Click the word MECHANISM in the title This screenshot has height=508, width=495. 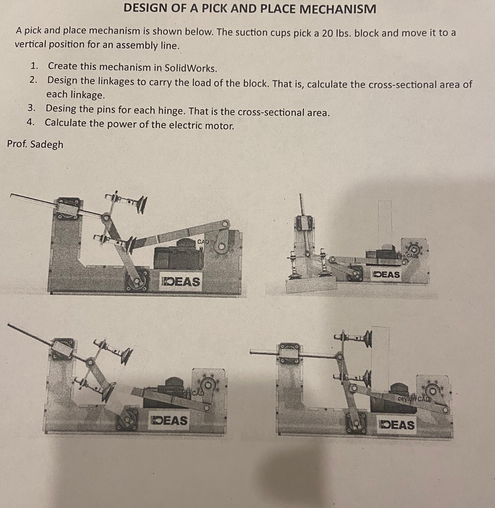point(338,9)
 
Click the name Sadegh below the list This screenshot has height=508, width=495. point(47,144)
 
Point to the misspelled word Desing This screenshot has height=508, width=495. point(61,109)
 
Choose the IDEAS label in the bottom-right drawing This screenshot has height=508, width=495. point(397,425)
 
